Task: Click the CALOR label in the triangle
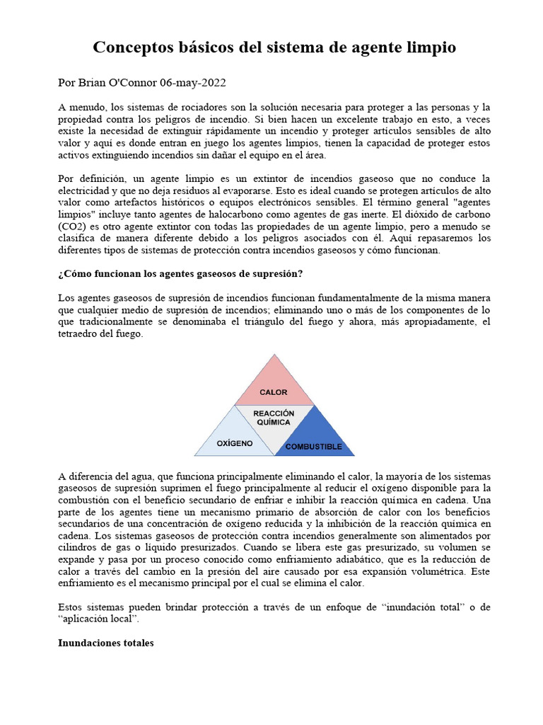tap(274, 392)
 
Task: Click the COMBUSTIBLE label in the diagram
tap(313, 447)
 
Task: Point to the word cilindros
tap(79, 547)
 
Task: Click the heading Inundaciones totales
tap(105, 644)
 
